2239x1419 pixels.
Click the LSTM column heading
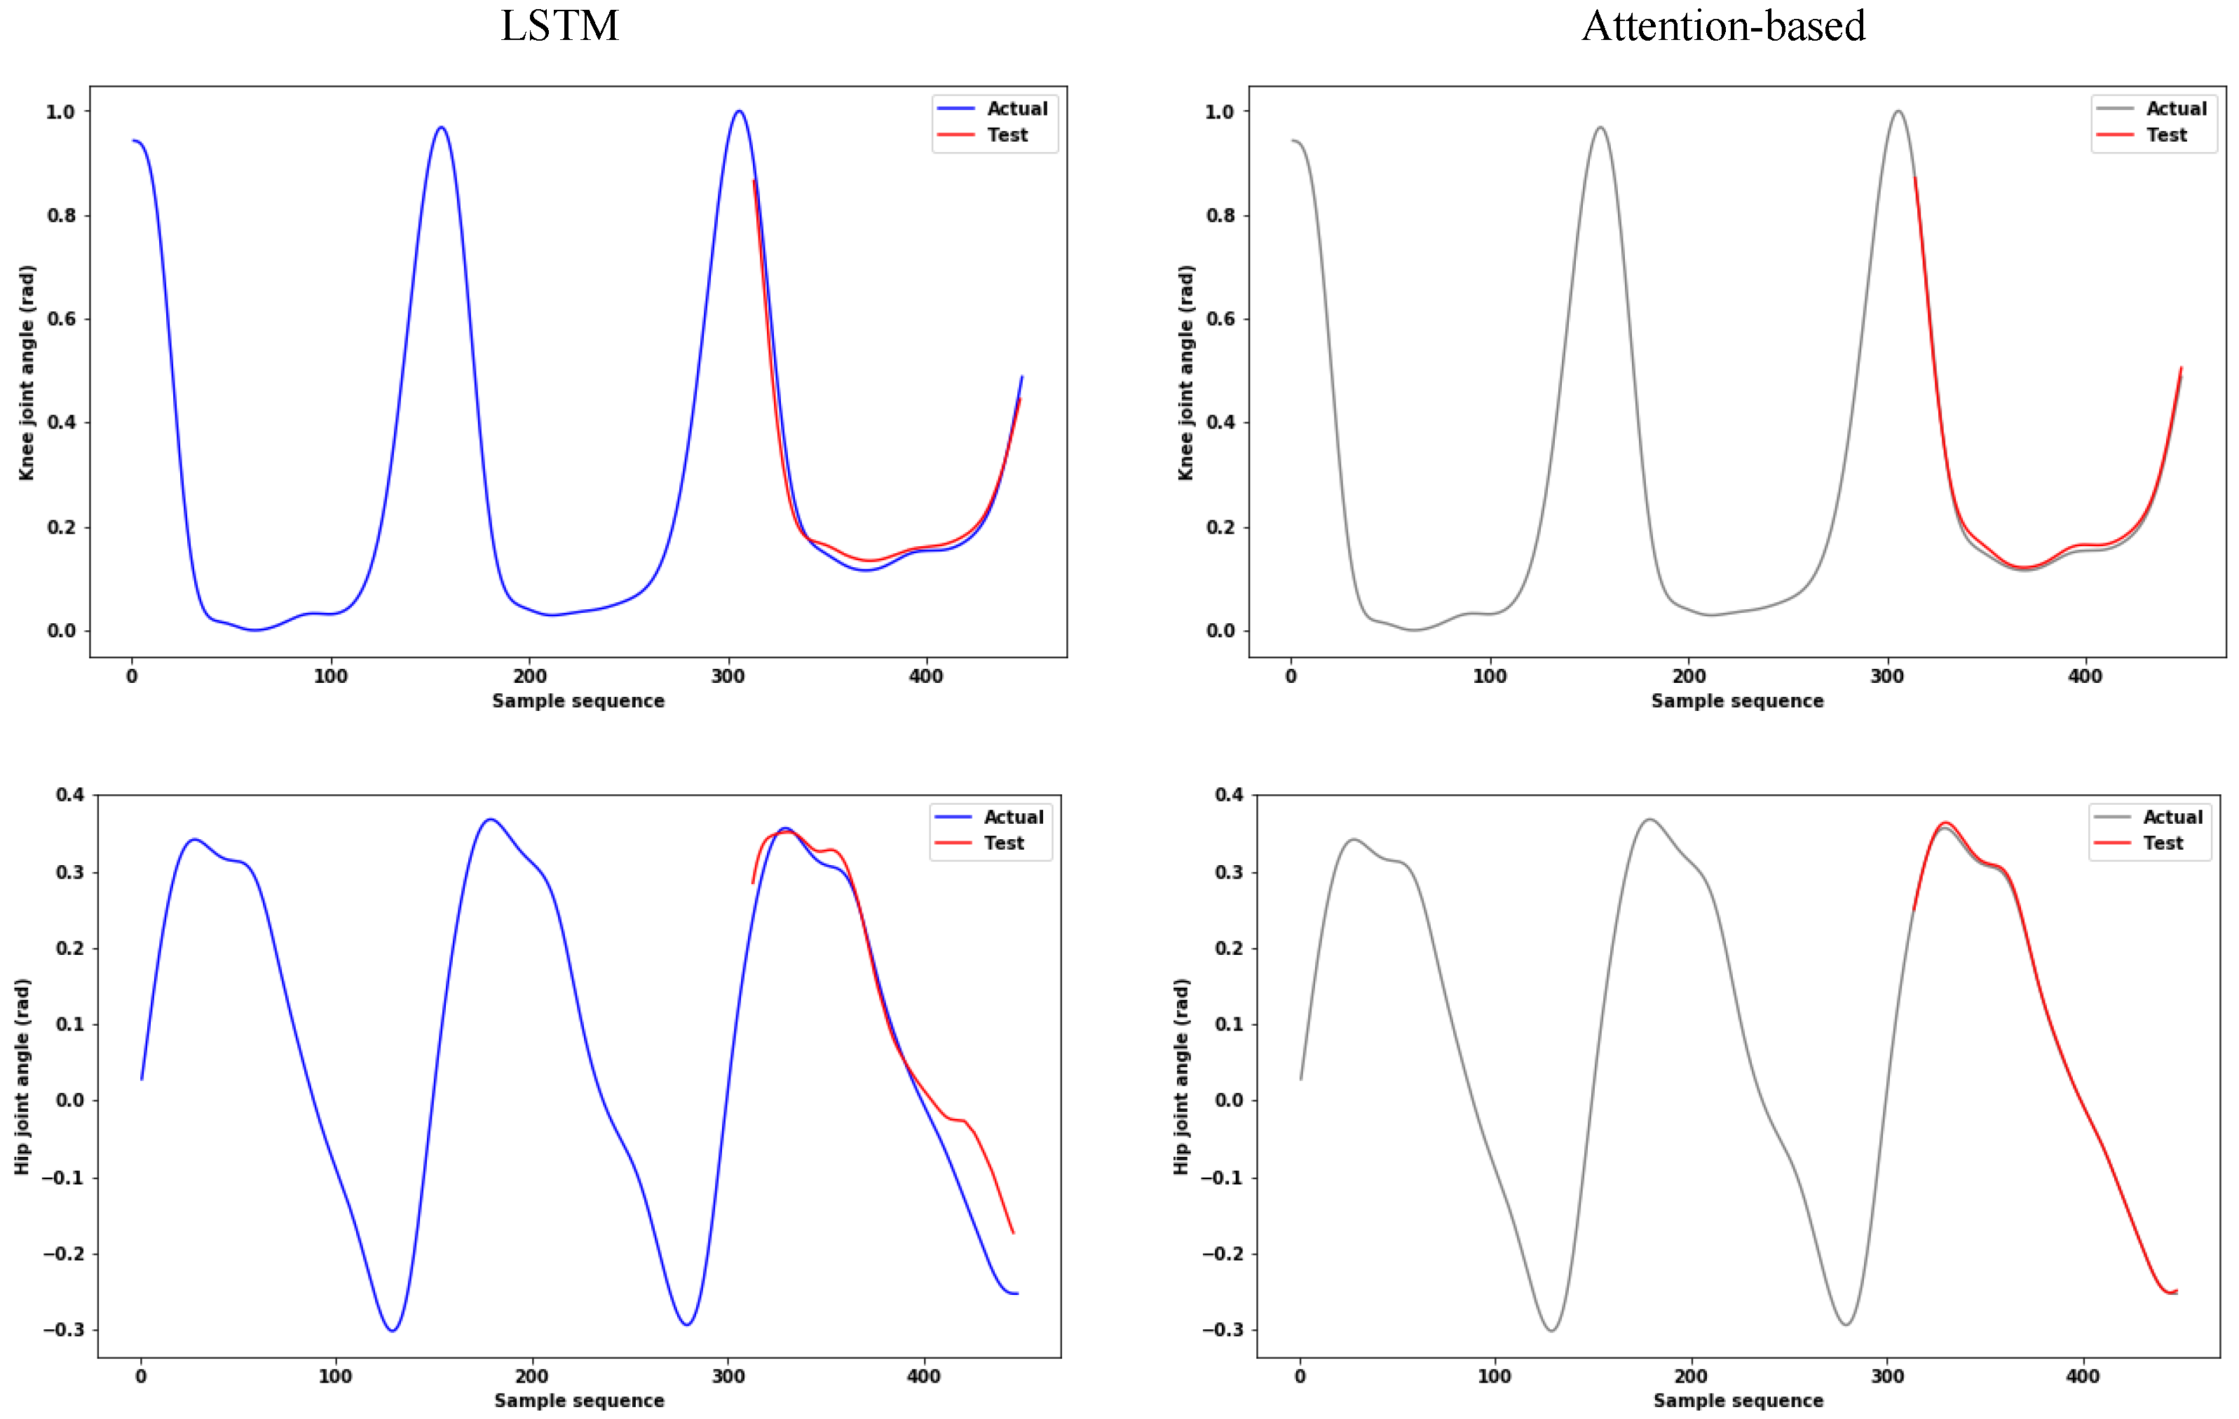559,26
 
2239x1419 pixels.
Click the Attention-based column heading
1723,26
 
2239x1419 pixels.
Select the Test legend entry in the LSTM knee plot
1007,135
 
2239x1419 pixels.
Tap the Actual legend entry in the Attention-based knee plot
2176,109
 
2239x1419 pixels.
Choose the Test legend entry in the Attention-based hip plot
2163,843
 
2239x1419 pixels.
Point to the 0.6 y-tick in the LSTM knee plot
62,319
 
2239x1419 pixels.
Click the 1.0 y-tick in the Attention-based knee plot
1220,111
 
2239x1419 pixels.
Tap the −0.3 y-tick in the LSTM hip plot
63,1330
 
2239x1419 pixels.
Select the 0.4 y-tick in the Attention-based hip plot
1228,794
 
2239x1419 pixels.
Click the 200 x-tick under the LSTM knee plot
530,676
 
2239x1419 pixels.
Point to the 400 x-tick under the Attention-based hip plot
2083,1376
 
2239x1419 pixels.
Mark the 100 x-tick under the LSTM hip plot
336,1376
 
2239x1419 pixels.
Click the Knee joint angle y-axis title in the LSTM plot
26,372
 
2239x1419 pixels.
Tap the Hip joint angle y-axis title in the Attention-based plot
1181,1076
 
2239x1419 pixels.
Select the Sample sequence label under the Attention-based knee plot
1737,701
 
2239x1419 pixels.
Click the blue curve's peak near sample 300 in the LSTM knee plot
739,111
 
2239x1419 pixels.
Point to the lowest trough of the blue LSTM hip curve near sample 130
393,1331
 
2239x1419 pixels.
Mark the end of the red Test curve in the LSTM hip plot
1012,1233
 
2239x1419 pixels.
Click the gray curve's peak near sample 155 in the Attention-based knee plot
1600,128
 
